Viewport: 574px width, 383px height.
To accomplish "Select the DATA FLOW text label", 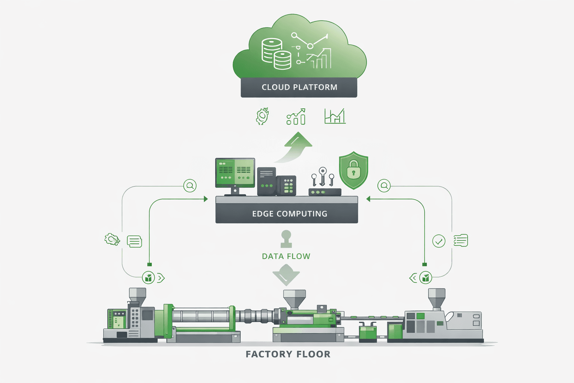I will tap(286, 256).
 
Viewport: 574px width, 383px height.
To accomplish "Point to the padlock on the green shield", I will tap(354, 169).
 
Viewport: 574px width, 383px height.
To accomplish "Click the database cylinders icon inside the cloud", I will tap(276, 54).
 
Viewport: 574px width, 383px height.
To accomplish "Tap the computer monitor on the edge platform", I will tap(235, 173).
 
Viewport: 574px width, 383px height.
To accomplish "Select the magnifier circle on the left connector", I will tap(190, 186).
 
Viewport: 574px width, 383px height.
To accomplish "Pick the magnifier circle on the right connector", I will tap(384, 186).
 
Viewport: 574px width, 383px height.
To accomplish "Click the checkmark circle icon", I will tap(439, 241).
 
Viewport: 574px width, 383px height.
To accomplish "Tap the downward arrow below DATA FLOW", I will tap(286, 275).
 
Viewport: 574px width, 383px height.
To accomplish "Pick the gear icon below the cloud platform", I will tap(262, 116).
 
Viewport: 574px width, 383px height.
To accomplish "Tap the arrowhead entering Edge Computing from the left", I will tap(206, 199).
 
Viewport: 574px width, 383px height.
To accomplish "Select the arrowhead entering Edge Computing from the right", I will tap(368, 199).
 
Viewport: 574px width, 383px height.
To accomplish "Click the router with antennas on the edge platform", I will tap(324, 187).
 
